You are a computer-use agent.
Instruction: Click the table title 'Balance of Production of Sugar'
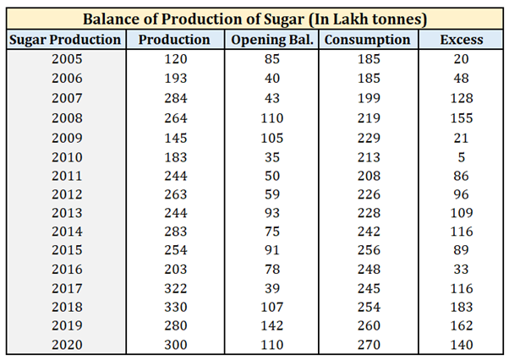tap(254, 18)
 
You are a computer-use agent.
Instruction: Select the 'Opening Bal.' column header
tap(271, 40)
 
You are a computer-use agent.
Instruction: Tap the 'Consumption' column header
tap(368, 40)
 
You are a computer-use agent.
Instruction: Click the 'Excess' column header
tap(462, 40)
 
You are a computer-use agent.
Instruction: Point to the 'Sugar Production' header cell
tap(66, 40)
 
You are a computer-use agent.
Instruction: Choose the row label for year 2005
tap(66, 58)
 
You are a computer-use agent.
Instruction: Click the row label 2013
tap(66, 211)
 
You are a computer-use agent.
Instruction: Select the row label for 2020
tap(66, 345)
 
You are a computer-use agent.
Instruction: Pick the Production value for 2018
tap(175, 307)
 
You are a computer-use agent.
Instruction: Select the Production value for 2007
tap(175, 97)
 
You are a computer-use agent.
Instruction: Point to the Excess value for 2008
tap(462, 116)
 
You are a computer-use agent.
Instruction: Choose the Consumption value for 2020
tap(368, 345)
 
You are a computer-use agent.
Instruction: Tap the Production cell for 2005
tap(175, 58)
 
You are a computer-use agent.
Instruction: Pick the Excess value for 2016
tap(462, 269)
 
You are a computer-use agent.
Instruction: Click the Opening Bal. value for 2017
tap(271, 288)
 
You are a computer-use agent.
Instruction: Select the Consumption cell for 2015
tap(368, 249)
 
